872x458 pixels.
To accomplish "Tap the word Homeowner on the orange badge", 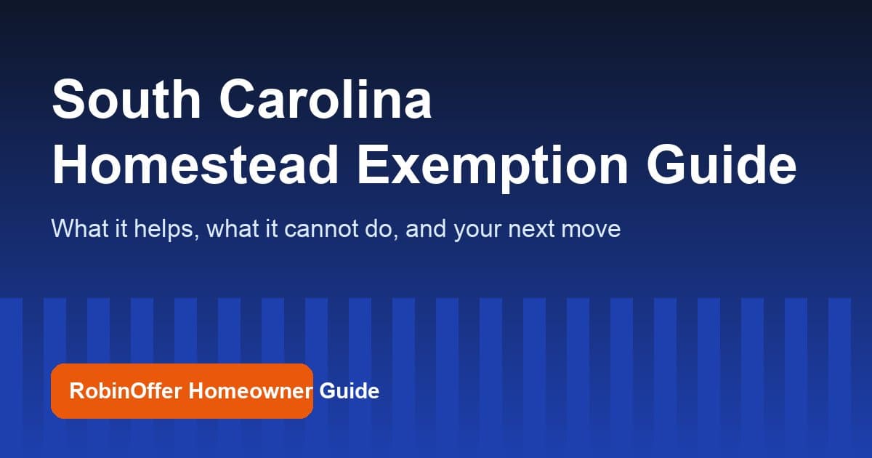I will (x=251, y=391).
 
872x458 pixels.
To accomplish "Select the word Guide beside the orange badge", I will (x=350, y=391).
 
